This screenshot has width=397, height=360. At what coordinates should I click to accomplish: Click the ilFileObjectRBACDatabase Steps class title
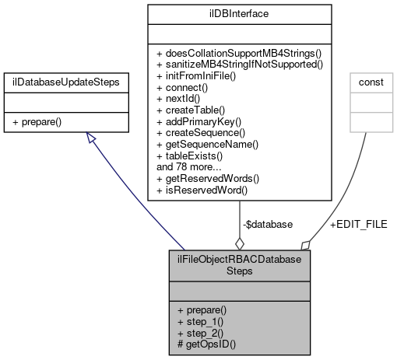pos(240,266)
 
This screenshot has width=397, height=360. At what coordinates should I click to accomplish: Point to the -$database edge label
pos(268,224)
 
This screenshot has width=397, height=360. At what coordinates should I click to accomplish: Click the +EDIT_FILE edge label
pos(359,224)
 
